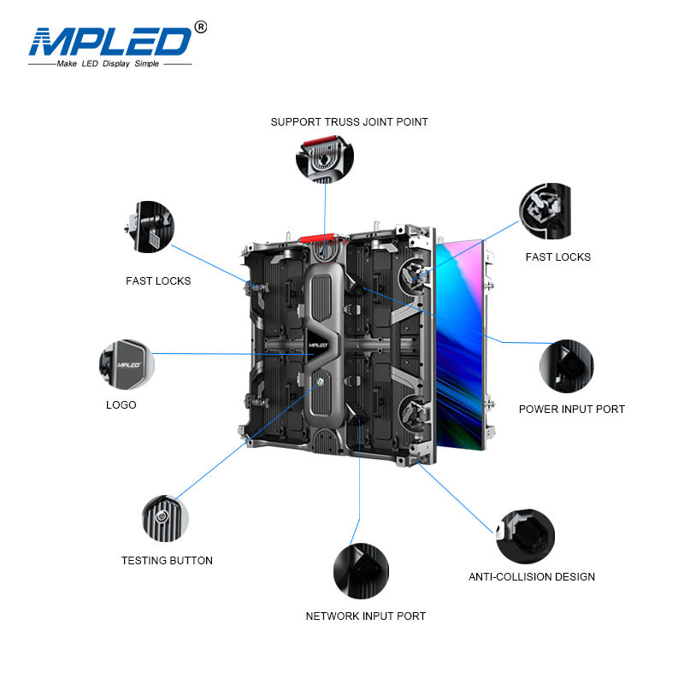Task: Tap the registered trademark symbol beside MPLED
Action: [x=201, y=27]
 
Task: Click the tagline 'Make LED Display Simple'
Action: [x=109, y=64]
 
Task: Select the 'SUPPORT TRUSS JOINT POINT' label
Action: [x=349, y=122]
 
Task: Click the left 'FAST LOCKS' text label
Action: [x=158, y=280]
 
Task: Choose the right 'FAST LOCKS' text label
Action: [x=557, y=256]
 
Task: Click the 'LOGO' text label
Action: [x=121, y=404]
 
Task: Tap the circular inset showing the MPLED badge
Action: [x=127, y=363]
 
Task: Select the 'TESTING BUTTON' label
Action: [x=167, y=561]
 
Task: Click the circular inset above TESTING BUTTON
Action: [x=165, y=516]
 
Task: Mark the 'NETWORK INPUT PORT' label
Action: [x=366, y=616]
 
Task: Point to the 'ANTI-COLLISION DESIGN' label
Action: [x=532, y=577]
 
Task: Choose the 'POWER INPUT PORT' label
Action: [x=571, y=409]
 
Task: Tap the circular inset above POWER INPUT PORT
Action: [x=566, y=366]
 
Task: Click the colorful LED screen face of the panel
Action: [x=462, y=342]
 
